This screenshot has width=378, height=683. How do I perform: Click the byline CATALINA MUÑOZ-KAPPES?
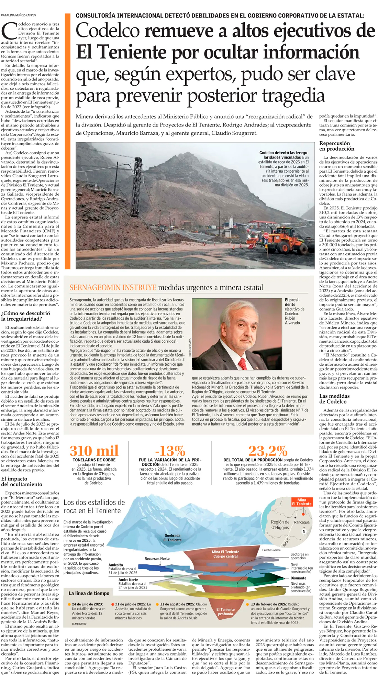[19, 15]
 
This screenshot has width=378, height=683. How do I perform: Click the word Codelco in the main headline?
[108, 31]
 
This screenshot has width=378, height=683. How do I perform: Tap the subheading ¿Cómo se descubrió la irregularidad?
[25, 316]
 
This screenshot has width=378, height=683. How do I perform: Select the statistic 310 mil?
[94, 451]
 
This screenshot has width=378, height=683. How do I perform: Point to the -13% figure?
[170, 451]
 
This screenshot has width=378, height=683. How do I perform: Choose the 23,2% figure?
[268, 451]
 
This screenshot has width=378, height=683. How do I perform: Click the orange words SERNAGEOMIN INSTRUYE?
[113, 288]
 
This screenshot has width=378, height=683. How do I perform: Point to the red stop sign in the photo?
[266, 236]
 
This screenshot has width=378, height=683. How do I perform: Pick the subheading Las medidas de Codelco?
[334, 399]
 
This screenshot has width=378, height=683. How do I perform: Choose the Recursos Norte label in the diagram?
[157, 559]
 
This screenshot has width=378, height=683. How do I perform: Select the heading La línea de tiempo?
[89, 593]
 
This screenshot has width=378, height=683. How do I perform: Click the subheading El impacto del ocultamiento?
[22, 482]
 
